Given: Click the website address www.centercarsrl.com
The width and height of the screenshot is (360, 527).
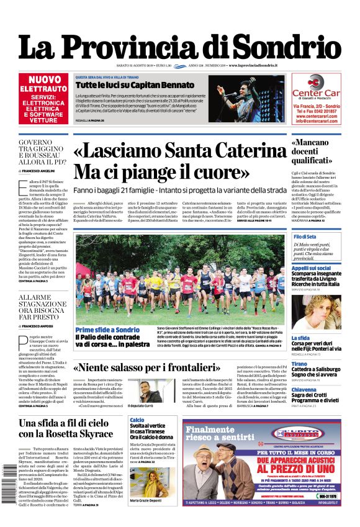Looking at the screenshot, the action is tap(317, 116).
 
